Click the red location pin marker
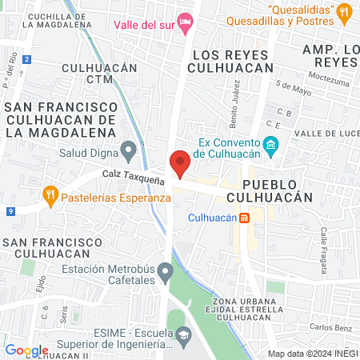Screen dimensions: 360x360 click(180, 163)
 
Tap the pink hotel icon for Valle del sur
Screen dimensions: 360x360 click(186, 23)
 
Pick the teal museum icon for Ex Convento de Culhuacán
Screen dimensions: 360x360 click(271, 145)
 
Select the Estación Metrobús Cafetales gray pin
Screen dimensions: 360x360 click(165, 274)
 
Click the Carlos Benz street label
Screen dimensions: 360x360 click(326, 327)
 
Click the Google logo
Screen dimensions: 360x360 click(26, 350)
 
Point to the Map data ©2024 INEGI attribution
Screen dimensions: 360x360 click(312, 354)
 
